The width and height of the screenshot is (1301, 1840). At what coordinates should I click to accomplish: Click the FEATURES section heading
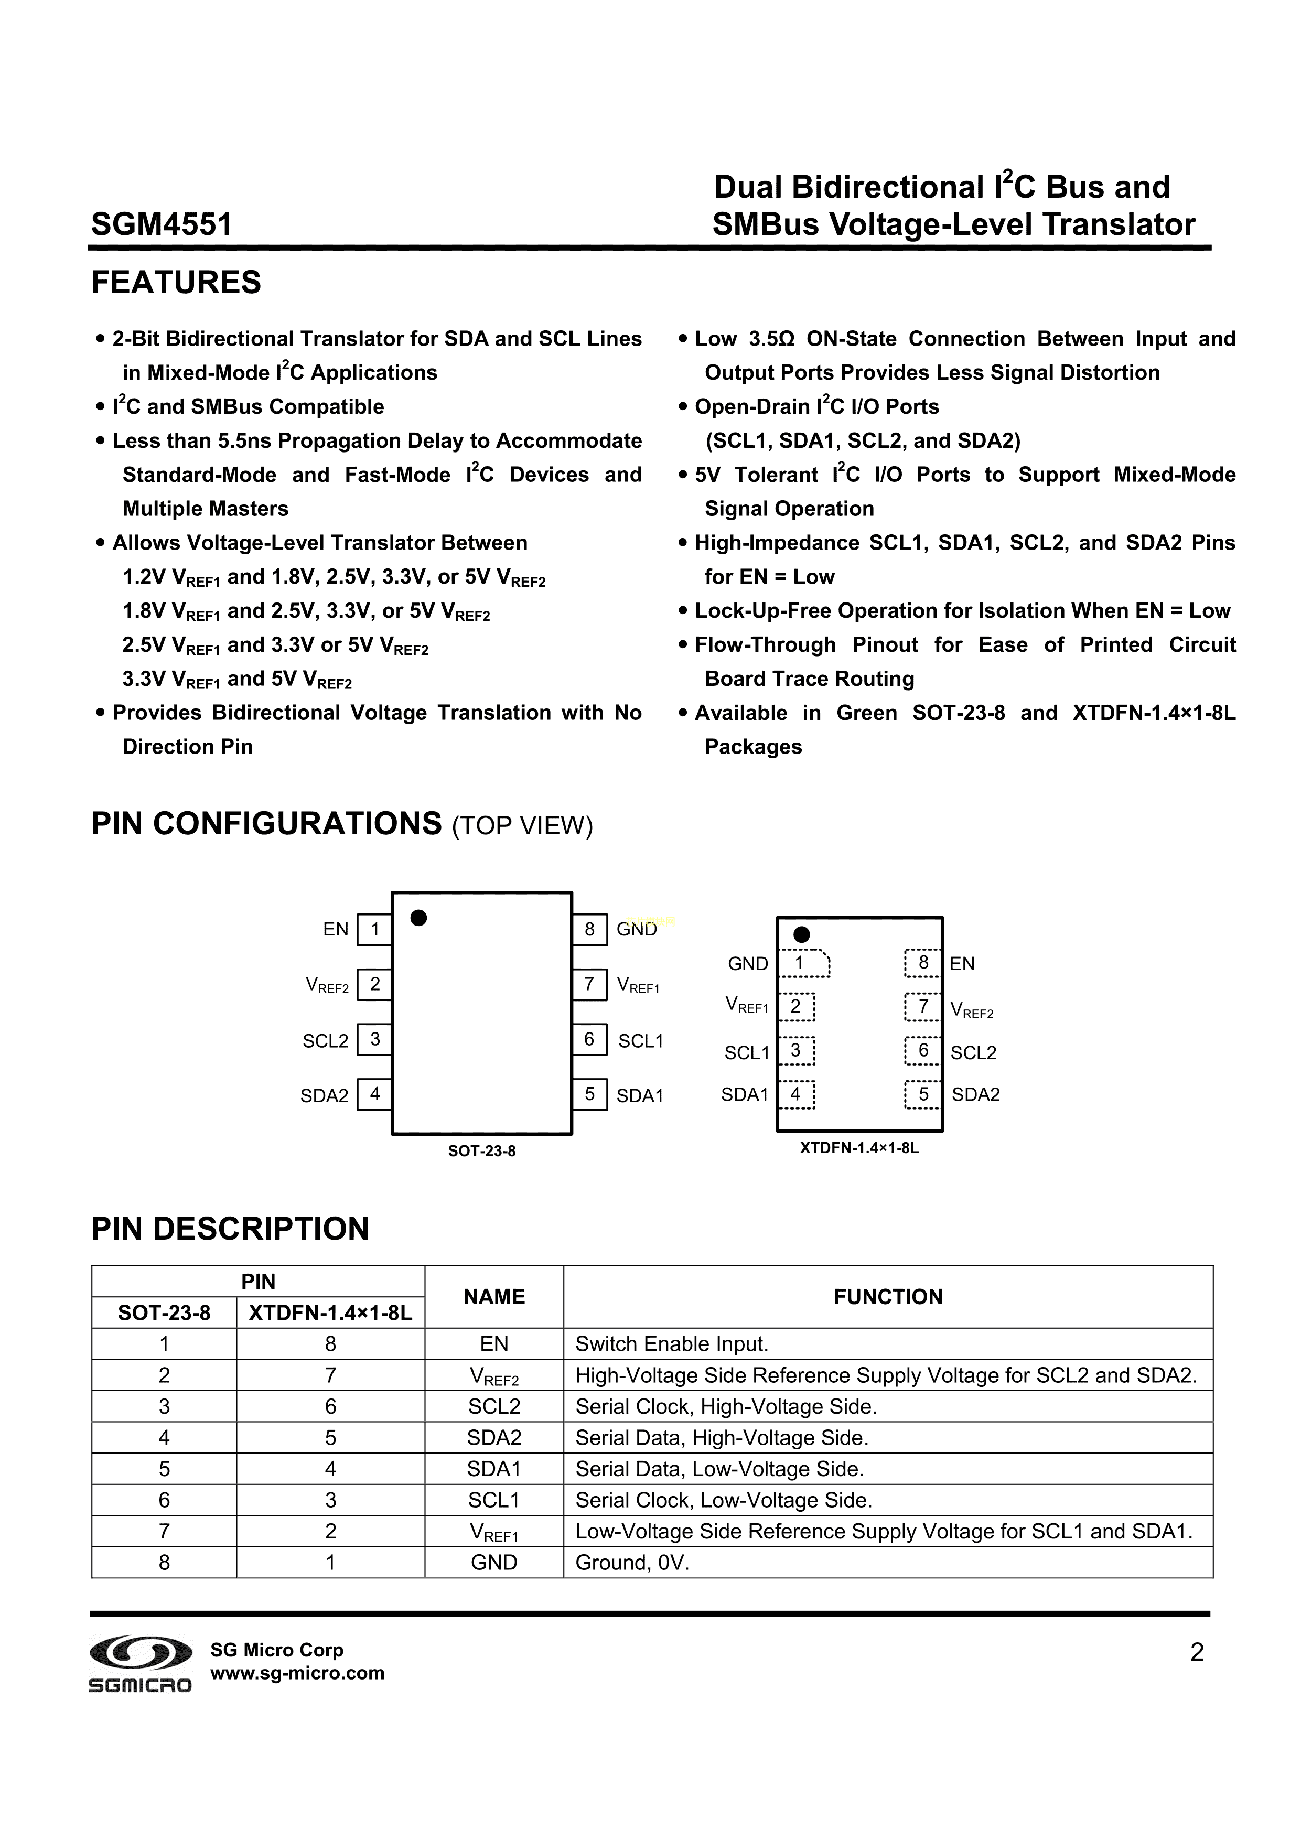point(176,283)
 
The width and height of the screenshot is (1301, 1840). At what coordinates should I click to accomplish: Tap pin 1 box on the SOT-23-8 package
point(374,930)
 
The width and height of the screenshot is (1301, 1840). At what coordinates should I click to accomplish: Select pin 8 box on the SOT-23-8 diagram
point(589,930)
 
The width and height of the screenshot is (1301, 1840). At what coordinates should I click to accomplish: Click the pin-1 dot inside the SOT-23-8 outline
point(418,918)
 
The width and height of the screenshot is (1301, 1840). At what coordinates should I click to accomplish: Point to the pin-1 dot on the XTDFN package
point(801,934)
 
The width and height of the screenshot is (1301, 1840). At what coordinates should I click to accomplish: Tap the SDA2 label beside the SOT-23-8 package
point(324,1095)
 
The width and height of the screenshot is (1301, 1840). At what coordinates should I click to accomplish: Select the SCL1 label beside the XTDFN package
point(746,1052)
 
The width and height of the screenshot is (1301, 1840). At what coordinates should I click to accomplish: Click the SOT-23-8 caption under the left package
point(482,1151)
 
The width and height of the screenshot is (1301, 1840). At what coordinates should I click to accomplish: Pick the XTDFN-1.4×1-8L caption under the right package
point(859,1148)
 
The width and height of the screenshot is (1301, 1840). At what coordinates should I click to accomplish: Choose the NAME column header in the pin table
point(494,1297)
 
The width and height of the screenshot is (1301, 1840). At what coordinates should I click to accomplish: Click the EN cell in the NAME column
point(494,1344)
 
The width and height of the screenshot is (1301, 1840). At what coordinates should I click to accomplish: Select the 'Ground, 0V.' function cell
point(632,1562)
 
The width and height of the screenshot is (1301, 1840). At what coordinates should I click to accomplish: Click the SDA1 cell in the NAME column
point(494,1468)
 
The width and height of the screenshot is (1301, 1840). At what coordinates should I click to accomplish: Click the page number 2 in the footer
point(1196,1652)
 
